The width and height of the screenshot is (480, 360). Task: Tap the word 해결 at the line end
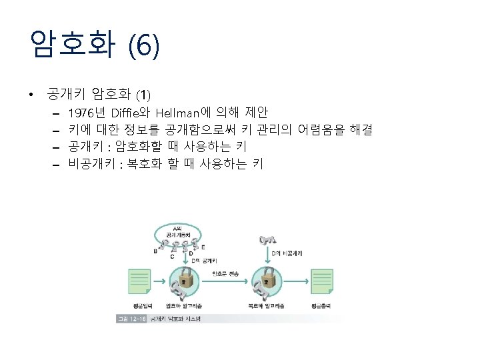tap(359, 128)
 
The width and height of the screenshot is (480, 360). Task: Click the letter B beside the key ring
tap(155, 251)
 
